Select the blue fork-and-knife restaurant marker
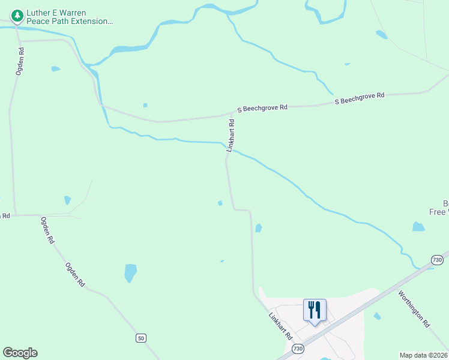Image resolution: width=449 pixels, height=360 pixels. (315, 311)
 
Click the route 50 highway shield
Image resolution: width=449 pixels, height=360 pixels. (140, 338)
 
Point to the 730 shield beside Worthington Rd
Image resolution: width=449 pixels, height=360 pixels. (437, 260)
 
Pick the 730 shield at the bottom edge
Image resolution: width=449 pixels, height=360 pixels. (297, 349)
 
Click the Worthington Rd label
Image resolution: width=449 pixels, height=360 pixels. (414, 308)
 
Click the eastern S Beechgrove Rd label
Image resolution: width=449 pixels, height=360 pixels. (359, 99)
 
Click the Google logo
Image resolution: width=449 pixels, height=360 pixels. (20, 353)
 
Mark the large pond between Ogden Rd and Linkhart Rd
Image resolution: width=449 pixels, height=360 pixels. (130, 273)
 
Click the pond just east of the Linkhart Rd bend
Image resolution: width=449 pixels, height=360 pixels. (258, 228)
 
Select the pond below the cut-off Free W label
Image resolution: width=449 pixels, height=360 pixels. (418, 227)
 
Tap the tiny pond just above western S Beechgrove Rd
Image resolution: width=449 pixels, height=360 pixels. (145, 105)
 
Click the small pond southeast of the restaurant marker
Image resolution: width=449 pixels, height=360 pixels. (377, 316)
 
